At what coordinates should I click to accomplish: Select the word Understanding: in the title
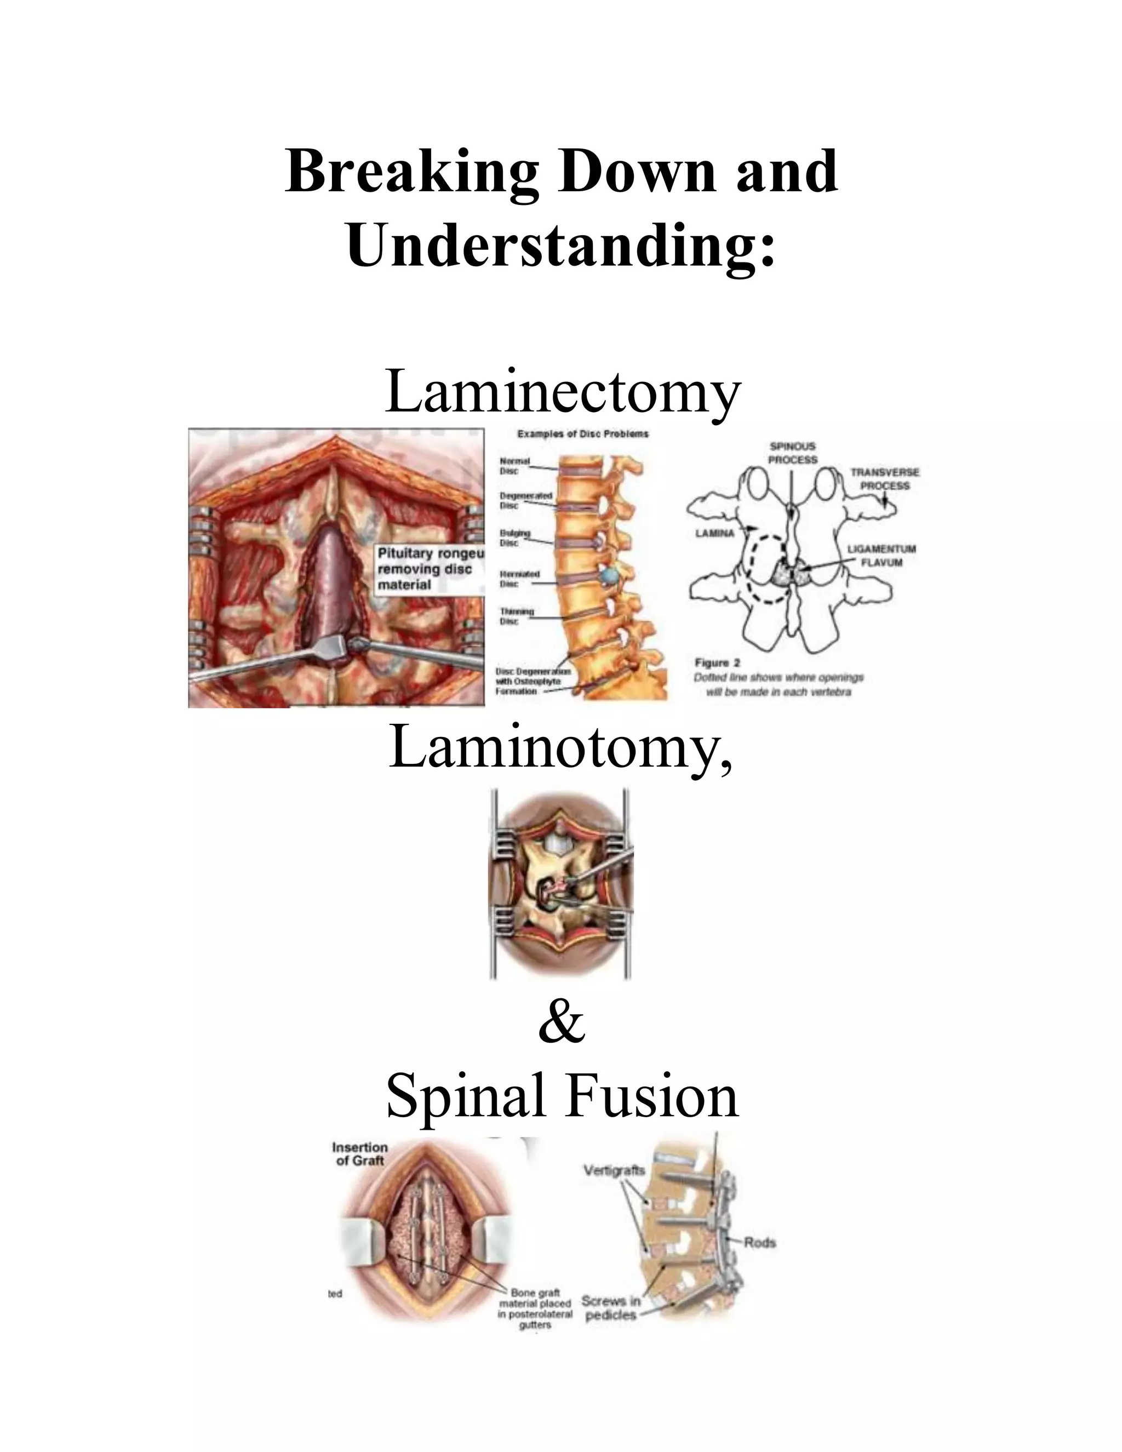coord(560,245)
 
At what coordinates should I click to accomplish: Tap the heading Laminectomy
coord(562,392)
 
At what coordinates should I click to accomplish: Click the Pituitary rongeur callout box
coord(430,568)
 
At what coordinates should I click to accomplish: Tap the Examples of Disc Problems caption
coord(582,434)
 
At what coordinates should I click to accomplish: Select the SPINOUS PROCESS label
coord(792,453)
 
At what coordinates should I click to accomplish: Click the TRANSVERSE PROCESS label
coord(885,479)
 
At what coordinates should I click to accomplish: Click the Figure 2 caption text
coord(778,677)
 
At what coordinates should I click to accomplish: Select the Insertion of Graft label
coord(359,1153)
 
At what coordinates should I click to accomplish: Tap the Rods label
coord(760,1242)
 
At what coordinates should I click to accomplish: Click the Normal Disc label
coord(514,465)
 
